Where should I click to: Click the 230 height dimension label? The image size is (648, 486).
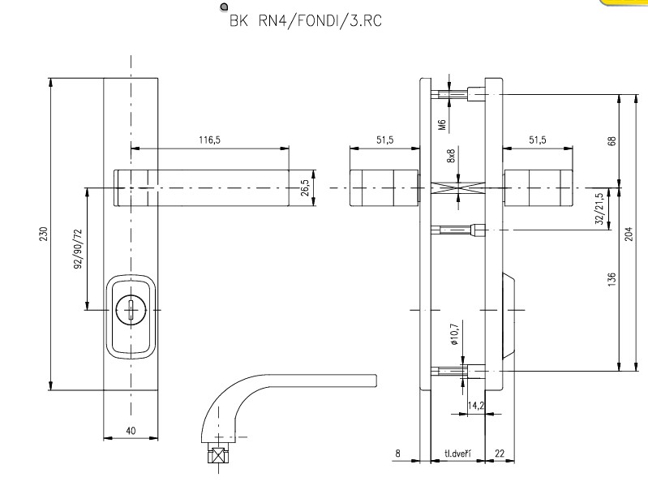45,234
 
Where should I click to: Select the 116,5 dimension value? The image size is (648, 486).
209,140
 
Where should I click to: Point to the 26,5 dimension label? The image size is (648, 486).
304,187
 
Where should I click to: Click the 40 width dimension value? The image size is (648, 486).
131,431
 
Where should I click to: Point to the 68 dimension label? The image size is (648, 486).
612,141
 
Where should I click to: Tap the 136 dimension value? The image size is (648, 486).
612,278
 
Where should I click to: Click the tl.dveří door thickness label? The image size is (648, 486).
458,454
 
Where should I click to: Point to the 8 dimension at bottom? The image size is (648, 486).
397,454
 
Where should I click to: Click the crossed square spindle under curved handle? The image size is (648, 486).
217,455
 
